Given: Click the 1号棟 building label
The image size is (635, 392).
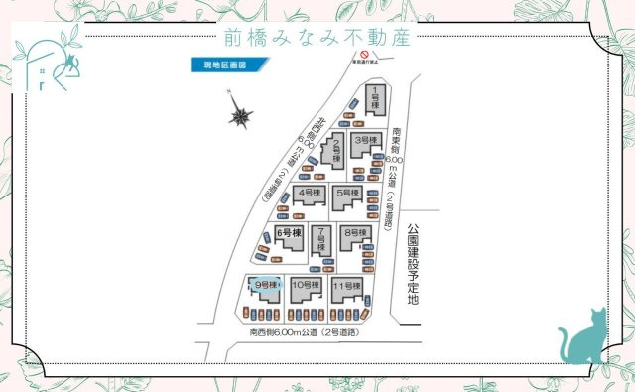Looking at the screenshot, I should (x=376, y=97).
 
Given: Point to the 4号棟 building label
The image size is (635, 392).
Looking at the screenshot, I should (x=310, y=192).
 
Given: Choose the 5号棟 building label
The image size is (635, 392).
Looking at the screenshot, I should (x=347, y=193).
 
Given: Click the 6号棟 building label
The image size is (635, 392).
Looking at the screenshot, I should (x=288, y=233).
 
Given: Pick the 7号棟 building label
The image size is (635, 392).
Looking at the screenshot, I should (x=321, y=238).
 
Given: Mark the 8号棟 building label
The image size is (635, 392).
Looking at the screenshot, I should (x=354, y=233).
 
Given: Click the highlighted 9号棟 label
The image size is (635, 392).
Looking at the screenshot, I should (x=264, y=285).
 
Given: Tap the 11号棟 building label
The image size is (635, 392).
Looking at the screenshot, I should (x=345, y=286).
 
